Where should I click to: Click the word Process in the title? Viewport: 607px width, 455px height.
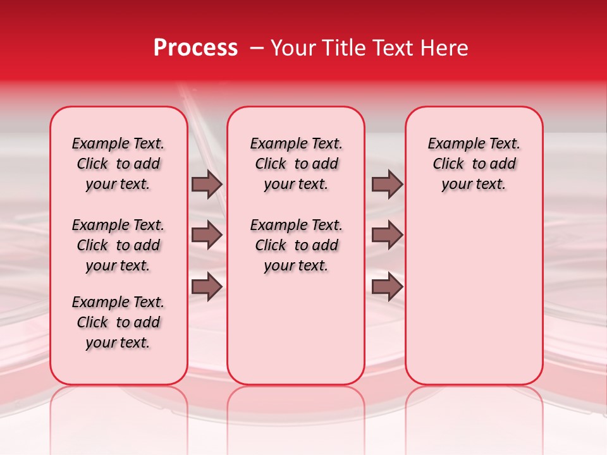195,48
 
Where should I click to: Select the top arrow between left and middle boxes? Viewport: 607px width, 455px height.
207,184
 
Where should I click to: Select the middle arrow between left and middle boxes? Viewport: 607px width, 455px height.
207,235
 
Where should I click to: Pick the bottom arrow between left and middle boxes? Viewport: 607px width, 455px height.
207,287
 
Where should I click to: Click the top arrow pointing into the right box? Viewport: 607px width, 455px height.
387,184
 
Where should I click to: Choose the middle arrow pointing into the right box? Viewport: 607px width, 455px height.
387,235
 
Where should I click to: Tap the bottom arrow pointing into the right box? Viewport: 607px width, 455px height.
387,287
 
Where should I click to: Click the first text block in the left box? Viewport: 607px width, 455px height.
118,164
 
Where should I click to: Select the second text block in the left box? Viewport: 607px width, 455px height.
118,245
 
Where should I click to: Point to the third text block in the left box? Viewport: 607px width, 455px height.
118,322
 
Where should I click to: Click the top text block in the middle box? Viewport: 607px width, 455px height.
296,164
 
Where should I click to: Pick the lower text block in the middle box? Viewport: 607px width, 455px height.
296,245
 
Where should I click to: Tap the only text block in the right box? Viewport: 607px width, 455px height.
474,164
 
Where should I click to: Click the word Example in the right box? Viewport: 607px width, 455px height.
451,144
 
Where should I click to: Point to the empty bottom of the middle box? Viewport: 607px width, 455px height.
296,329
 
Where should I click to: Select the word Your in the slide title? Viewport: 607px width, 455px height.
290,48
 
